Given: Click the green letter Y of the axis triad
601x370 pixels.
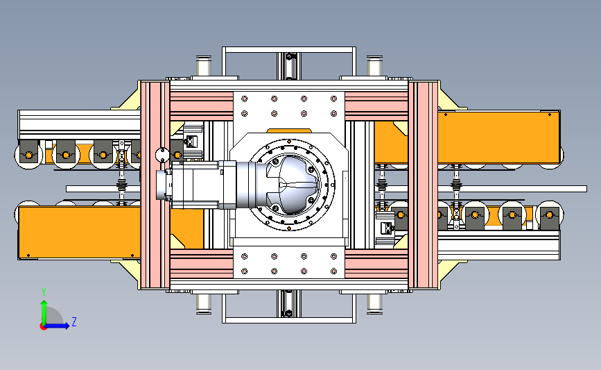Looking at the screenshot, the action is point(44,292).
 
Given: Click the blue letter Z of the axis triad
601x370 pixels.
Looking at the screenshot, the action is point(74,321).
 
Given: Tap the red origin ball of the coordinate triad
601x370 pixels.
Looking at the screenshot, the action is point(43,327).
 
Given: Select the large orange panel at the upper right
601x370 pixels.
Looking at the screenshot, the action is point(498,137).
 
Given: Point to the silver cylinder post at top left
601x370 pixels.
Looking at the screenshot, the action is point(204,67).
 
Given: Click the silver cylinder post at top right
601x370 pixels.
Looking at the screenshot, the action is point(374,67).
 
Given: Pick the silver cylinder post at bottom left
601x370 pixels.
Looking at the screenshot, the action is point(204,304).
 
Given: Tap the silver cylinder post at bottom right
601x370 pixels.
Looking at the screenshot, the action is point(374,304).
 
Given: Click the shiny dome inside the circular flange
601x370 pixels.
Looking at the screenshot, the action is point(294,185).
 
